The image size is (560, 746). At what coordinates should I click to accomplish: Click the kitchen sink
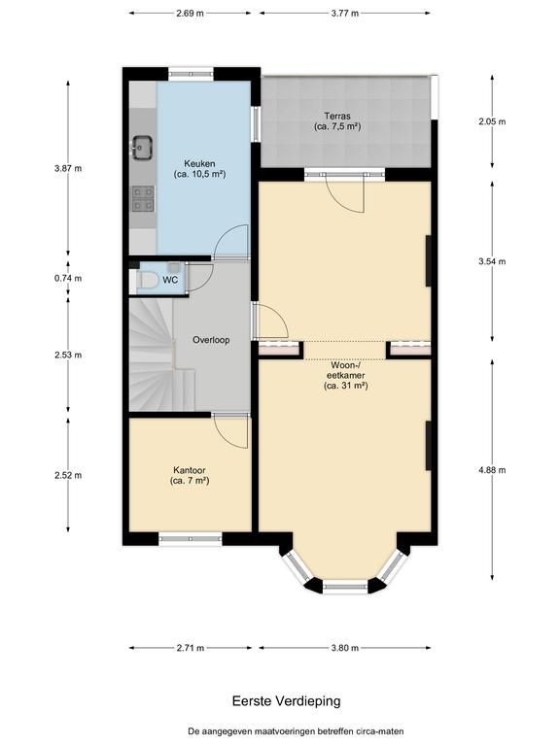pos(142,147)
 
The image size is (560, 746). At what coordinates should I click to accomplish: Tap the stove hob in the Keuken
pos(143,198)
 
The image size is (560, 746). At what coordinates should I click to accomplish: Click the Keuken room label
pos(199,169)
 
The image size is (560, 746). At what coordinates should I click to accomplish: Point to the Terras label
pos(337,121)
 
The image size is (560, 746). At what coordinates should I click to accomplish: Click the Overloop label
pos(211,340)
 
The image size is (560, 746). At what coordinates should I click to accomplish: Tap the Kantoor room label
pos(190,475)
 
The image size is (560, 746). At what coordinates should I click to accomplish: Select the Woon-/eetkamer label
pos(346,375)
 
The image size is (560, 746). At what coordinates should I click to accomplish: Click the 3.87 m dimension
pos(68,168)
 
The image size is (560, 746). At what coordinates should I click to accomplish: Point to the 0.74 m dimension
pos(68,279)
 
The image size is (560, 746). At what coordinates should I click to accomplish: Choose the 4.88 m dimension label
pos(492,470)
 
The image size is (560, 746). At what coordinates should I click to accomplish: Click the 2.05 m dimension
pos(492,121)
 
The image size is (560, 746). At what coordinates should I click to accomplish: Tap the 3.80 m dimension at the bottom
pos(345,648)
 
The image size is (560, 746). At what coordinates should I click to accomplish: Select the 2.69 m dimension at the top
pos(190,14)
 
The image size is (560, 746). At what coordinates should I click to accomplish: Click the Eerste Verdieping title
pos(286,700)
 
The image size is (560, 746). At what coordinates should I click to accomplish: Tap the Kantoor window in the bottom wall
pos(190,538)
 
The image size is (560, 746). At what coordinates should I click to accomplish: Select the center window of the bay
pos(345,587)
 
